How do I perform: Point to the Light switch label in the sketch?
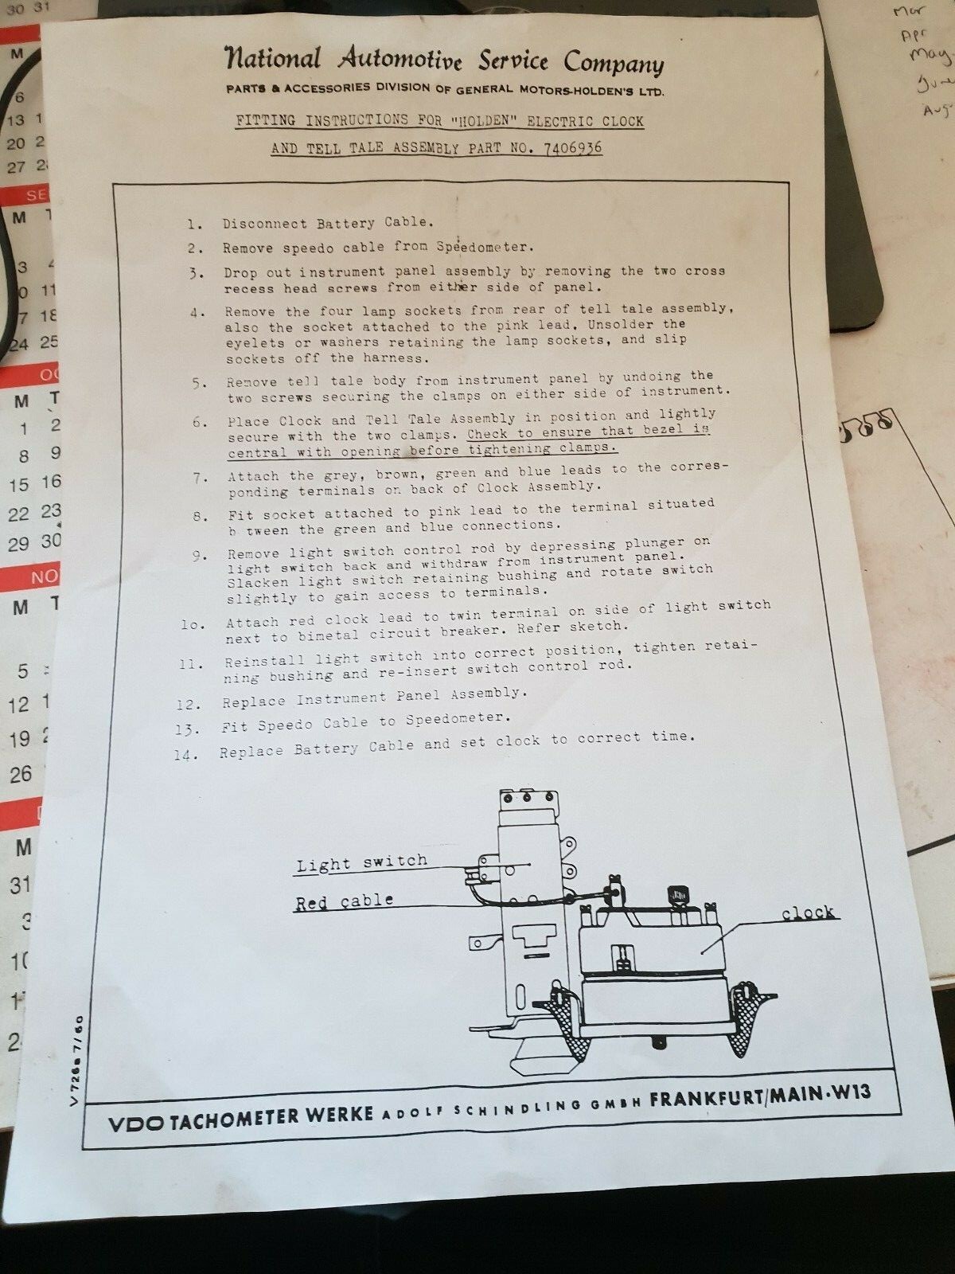click(x=361, y=863)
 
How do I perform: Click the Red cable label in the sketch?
click(x=344, y=902)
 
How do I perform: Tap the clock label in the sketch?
click(x=807, y=913)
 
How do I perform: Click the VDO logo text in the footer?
click(x=136, y=1124)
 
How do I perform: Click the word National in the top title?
click(x=273, y=58)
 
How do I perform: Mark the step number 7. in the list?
click(x=201, y=479)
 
